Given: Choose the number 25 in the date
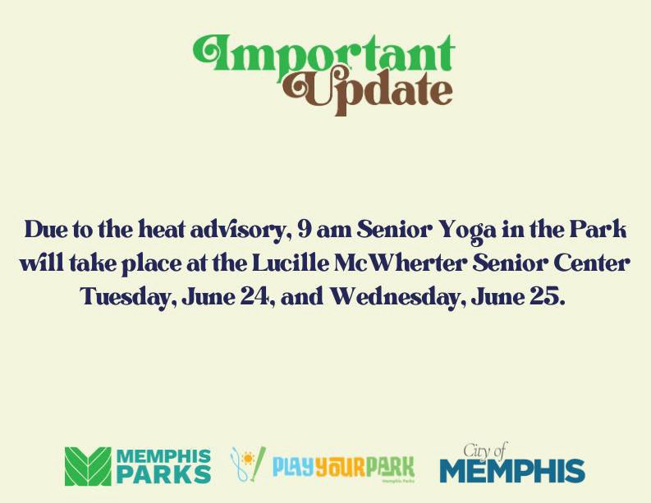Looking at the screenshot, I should tap(550, 297).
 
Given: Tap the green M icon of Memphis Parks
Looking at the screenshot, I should tap(88, 466).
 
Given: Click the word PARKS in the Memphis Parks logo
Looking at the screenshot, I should tap(163, 475).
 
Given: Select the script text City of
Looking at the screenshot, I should tap(485, 450).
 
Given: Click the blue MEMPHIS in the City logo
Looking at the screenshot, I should tap(512, 472).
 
